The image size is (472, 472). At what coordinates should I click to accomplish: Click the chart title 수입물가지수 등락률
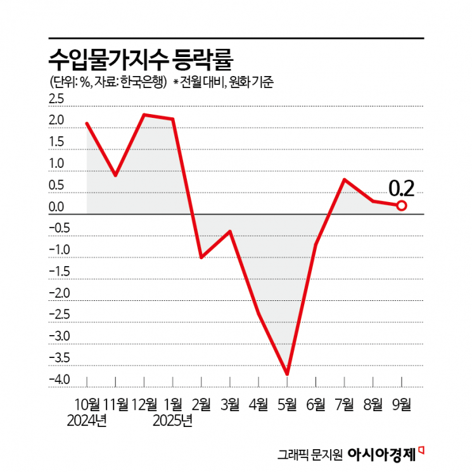pos(141,60)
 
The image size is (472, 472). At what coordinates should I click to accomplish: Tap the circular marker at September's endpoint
pos(402,205)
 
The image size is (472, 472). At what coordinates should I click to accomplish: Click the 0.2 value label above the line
pos(401,188)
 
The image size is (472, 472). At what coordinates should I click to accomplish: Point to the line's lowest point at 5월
pos(287,374)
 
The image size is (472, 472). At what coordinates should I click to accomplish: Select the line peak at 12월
pos(144,115)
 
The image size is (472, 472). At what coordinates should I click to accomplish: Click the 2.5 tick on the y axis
pos(57,99)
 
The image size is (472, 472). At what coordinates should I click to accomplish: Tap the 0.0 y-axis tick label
pos(57,207)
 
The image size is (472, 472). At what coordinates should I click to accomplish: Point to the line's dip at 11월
pos(115,175)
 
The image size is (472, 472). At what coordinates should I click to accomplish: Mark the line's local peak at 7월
pos(344,179)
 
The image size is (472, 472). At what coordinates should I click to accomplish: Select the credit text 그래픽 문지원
pos(310,454)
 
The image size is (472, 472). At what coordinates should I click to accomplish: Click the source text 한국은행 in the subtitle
pos(143,82)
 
